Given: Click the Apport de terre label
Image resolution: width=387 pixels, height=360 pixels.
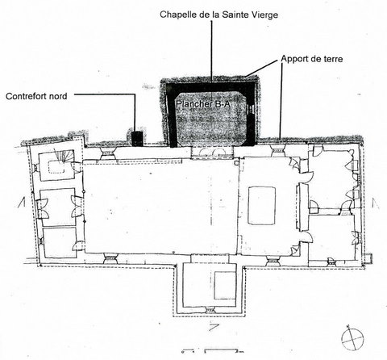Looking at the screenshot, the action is [x=312, y=59].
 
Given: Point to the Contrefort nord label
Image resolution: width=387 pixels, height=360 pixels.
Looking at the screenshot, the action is [x=36, y=96].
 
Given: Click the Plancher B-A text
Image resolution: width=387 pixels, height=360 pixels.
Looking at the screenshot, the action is [x=203, y=103].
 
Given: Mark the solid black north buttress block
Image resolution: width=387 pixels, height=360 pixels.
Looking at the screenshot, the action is [x=137, y=138].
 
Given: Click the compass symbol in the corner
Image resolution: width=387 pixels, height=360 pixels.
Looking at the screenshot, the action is [x=352, y=337].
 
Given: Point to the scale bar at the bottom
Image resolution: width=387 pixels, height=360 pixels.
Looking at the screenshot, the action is [x=212, y=351].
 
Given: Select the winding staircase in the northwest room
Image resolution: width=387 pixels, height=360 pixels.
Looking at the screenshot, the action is [x=64, y=156].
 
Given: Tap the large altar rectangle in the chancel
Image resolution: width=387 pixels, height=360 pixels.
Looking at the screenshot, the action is [x=261, y=206].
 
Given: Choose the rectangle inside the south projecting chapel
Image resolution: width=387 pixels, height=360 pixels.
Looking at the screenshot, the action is [x=225, y=285].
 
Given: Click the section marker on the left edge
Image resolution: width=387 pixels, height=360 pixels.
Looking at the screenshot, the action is [x=22, y=202].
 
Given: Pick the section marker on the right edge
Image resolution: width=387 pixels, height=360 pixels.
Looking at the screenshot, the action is [x=376, y=203].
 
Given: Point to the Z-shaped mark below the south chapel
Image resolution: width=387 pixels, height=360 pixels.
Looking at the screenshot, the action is [x=214, y=328].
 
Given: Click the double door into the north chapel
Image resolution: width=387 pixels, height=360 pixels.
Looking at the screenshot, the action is [x=212, y=152].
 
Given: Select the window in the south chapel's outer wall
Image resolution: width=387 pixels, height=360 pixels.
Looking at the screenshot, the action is [x=210, y=310].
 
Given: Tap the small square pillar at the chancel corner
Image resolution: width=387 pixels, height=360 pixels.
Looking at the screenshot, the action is [x=236, y=163].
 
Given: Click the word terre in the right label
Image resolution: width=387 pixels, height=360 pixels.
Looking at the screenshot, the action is [x=332, y=59].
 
